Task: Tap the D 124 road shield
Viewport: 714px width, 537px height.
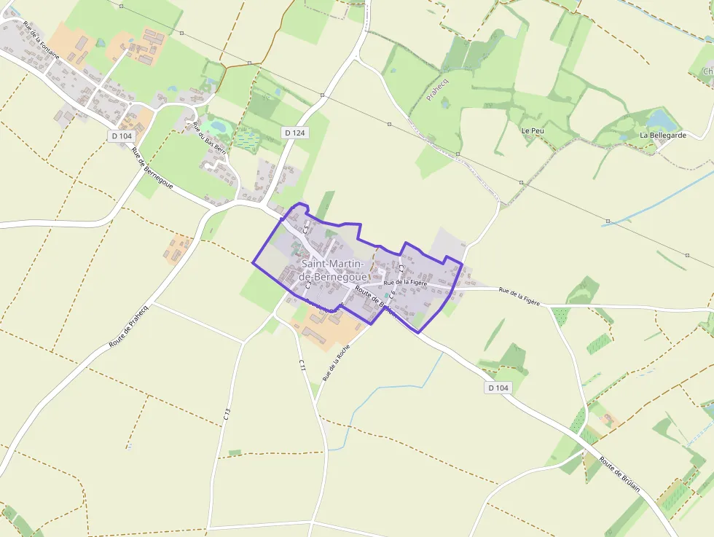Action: coord(294,133)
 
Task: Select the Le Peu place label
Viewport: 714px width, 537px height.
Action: coord(532,130)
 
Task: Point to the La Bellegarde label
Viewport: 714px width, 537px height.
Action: coord(663,136)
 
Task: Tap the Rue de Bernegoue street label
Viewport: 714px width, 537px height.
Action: coord(152,168)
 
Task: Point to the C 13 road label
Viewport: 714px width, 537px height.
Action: coord(227,415)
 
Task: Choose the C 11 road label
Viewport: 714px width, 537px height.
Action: coord(302,369)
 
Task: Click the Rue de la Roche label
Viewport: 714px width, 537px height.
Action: coord(337,363)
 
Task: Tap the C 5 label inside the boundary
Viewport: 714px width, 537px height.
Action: coord(307,229)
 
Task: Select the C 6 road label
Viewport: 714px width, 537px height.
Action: coord(392,295)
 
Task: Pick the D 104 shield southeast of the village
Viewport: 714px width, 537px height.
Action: coord(498,388)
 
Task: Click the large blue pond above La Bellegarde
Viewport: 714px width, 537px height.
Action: coord(661,119)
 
